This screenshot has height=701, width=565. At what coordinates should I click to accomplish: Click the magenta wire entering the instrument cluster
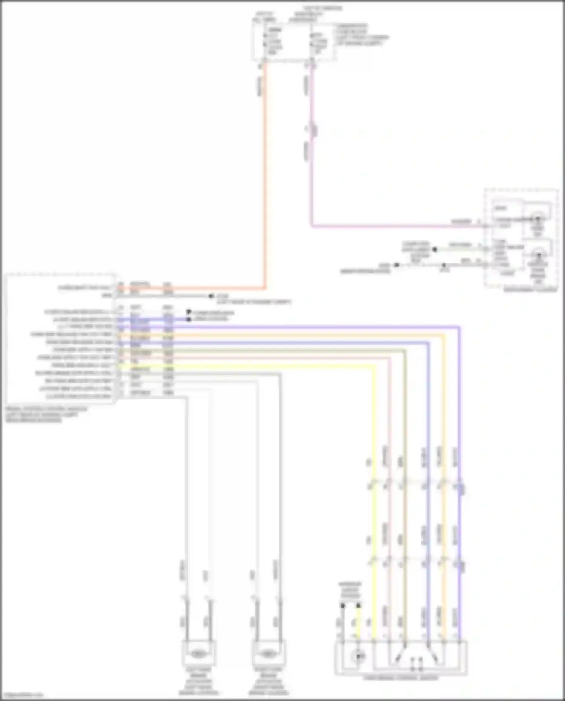pyautogui.click(x=395, y=226)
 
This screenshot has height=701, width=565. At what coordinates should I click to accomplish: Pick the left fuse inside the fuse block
pyautogui.click(x=265, y=41)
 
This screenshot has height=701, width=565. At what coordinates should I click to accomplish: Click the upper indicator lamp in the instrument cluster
pyautogui.click(x=538, y=219)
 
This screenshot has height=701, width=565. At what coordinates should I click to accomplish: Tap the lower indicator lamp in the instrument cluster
pyautogui.click(x=538, y=256)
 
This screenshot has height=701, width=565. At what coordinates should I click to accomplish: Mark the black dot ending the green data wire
pyautogui.click(x=435, y=249)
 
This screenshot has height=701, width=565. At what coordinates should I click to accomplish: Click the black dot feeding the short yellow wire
pyautogui.click(x=358, y=605)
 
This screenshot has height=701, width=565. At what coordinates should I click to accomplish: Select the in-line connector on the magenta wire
pyautogui.click(x=313, y=130)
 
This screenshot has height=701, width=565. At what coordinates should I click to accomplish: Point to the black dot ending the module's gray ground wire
pyautogui.click(x=211, y=296)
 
